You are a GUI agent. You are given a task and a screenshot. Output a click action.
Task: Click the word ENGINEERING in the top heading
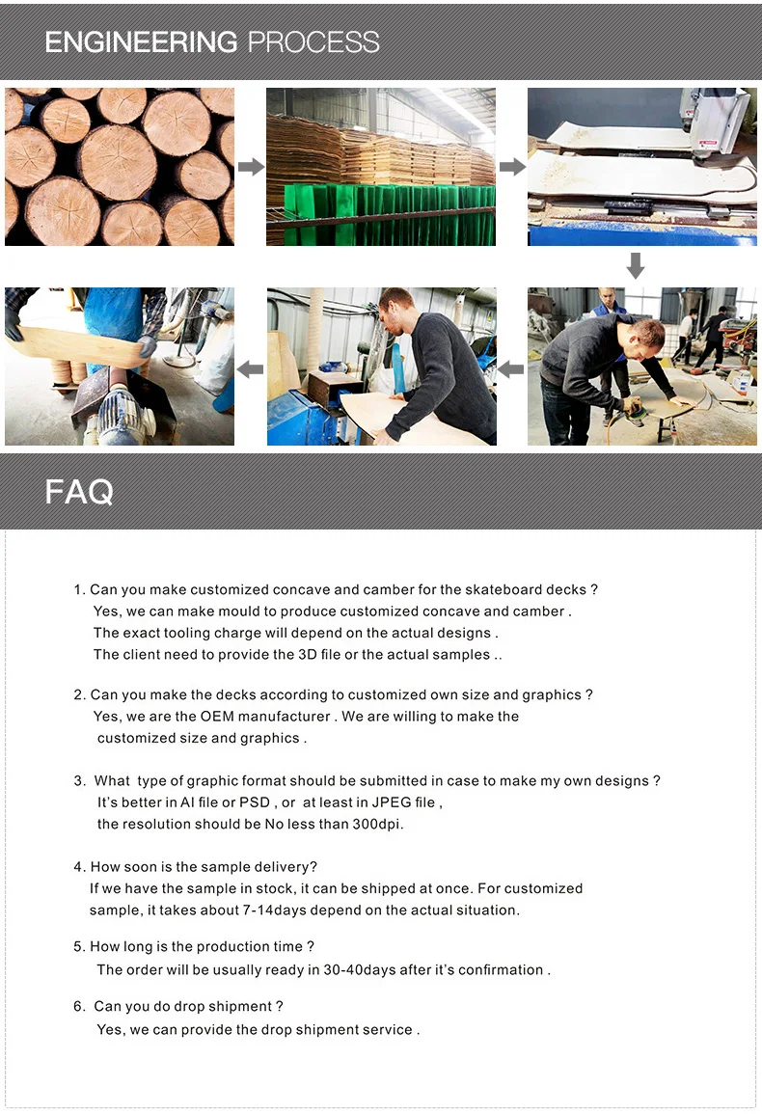coord(141,41)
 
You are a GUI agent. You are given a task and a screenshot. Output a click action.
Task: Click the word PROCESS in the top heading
coord(313,41)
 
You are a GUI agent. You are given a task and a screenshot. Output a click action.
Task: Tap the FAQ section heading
coord(79,492)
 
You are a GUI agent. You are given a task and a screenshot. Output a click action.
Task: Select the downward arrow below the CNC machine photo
coord(636,265)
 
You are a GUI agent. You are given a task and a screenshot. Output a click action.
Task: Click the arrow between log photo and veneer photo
coord(251,167)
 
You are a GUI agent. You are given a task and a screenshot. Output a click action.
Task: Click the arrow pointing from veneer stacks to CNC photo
coord(512,167)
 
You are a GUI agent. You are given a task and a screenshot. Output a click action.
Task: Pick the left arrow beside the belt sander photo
coord(250,368)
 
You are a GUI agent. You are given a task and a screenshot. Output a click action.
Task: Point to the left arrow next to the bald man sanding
coord(511,368)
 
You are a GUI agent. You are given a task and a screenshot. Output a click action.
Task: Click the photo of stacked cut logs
coord(120,167)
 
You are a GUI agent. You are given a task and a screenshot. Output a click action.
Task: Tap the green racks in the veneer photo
coord(390,214)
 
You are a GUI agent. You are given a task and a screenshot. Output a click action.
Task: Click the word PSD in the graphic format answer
coord(255,802)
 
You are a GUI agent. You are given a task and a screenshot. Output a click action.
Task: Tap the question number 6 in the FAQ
coord(79,1006)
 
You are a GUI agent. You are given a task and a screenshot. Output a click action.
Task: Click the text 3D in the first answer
coord(308,654)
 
